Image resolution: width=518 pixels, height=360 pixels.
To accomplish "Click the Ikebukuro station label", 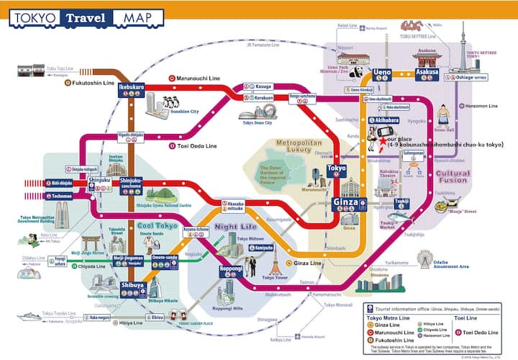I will coord(132,86).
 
